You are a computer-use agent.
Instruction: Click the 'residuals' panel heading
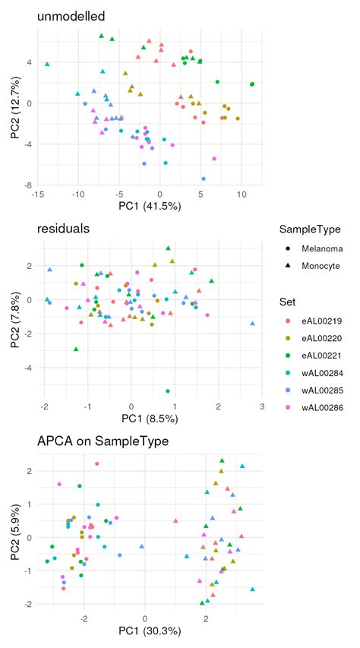(58, 227)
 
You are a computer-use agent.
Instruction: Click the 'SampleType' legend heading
(308, 229)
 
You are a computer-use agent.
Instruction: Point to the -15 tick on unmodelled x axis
(36, 194)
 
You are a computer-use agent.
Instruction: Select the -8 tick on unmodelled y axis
(27, 185)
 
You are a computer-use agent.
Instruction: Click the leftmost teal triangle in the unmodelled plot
(47, 65)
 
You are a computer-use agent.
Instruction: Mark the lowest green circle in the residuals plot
(167, 391)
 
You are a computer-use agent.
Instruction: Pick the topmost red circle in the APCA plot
(97, 464)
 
